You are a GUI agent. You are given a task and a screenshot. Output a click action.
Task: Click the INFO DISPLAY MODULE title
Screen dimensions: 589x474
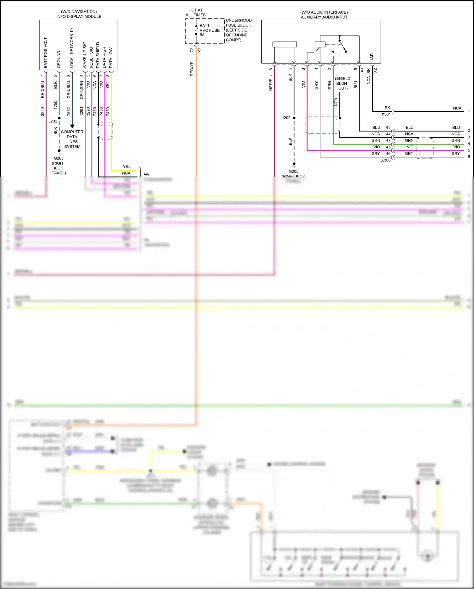(x=79, y=16)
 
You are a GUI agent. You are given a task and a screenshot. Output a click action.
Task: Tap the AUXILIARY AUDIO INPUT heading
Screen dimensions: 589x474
(x=324, y=17)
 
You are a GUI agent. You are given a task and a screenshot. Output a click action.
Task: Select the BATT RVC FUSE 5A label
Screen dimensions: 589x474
(x=209, y=30)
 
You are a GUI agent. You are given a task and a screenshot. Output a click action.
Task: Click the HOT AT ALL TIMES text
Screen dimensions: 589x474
(x=195, y=13)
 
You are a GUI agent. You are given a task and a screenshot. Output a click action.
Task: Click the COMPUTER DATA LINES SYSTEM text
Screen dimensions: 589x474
(x=72, y=139)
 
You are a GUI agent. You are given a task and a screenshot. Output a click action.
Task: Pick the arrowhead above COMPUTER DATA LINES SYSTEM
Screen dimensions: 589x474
(x=72, y=126)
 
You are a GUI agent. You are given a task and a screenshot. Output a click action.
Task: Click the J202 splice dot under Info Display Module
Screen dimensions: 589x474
(x=59, y=118)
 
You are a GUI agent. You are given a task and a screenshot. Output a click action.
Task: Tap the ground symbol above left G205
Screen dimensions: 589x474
(x=59, y=152)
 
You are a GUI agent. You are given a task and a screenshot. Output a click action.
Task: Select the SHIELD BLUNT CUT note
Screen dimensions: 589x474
(x=343, y=83)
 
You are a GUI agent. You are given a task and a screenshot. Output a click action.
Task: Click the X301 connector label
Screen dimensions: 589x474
(x=386, y=114)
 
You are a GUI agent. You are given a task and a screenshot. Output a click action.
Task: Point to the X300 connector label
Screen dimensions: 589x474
(x=386, y=160)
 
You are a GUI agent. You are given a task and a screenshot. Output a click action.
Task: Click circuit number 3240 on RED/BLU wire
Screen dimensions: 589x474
(x=43, y=111)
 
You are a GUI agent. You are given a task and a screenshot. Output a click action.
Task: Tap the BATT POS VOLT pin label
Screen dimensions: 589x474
(x=46, y=53)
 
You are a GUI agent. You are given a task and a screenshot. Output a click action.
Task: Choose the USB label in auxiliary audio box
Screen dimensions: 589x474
(x=372, y=57)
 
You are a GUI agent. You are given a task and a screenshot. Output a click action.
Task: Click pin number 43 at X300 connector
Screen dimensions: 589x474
(x=388, y=127)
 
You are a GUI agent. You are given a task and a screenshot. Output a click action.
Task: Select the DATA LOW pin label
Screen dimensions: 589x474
(x=111, y=58)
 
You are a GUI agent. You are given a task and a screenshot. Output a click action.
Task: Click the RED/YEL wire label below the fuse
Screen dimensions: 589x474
(x=192, y=68)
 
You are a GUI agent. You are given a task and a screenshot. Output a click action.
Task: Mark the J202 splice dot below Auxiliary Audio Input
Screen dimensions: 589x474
(x=294, y=118)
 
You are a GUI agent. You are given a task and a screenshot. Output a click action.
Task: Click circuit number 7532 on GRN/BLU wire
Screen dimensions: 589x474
(x=69, y=111)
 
